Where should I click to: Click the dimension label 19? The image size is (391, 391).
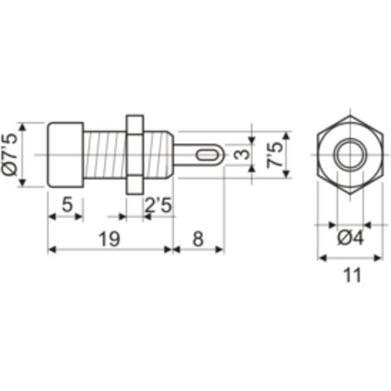click(110, 239)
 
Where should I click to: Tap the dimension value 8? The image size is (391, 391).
click(198, 239)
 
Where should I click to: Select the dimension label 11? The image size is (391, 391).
click(352, 275)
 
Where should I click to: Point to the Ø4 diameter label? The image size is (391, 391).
click(350, 238)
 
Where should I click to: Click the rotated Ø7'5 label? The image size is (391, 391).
click(11, 155)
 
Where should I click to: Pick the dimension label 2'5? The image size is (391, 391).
click(158, 205)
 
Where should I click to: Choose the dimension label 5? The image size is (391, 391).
click(67, 205)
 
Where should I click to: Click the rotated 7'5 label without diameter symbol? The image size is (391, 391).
click(275, 155)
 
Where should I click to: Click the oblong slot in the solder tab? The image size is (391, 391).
click(206, 155)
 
